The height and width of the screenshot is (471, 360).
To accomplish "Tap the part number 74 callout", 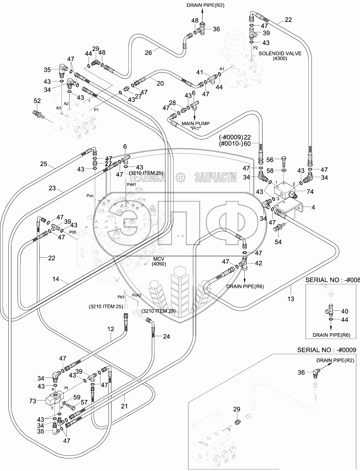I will (310, 192).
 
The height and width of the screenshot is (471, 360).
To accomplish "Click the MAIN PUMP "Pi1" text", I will (196, 126).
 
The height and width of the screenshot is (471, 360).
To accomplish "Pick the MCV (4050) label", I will (159, 261).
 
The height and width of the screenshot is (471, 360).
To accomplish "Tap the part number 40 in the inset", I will (336, 311).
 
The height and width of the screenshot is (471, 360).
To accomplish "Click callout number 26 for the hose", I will (148, 53).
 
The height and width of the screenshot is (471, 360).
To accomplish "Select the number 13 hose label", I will (291, 299).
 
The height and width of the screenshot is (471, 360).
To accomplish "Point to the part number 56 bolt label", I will (270, 160).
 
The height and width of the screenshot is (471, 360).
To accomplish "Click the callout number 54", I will (278, 241).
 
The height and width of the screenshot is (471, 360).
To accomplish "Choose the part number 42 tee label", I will (258, 263).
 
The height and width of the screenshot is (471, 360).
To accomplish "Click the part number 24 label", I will (167, 336).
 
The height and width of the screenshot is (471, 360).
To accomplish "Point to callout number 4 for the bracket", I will (313, 207).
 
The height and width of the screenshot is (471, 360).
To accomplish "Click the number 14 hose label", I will (56, 279).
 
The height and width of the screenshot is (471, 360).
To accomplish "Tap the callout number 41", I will (200, 72).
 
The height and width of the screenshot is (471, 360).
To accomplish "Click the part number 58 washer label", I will (270, 170).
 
